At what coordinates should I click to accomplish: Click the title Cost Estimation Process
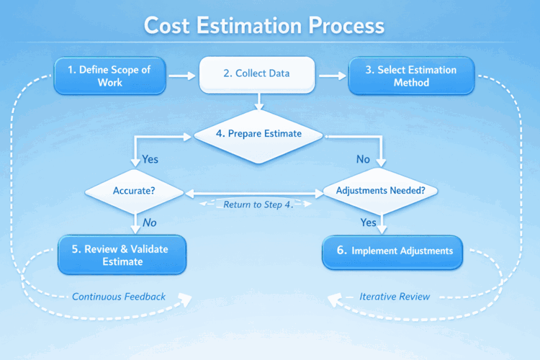click(x=264, y=26)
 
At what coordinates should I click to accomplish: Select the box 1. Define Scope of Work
click(x=110, y=76)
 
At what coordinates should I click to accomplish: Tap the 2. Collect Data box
click(x=257, y=74)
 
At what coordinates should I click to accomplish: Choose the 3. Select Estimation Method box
click(x=412, y=76)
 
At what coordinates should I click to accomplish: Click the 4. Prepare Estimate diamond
click(x=258, y=133)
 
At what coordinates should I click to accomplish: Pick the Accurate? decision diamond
click(x=135, y=192)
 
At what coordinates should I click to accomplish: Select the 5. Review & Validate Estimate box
click(x=122, y=255)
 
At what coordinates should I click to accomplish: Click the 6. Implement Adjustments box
click(x=392, y=251)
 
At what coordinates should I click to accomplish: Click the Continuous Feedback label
click(x=119, y=296)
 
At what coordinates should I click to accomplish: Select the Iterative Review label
click(x=395, y=296)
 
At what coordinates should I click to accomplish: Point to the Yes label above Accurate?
click(x=150, y=158)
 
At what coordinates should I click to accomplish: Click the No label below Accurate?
click(x=149, y=222)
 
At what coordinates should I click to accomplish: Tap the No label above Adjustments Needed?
click(x=364, y=158)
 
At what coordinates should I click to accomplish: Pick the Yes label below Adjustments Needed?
click(x=368, y=222)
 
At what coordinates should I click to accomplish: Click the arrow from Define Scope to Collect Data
click(x=183, y=75)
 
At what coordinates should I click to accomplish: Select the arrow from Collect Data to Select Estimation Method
click(x=331, y=75)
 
